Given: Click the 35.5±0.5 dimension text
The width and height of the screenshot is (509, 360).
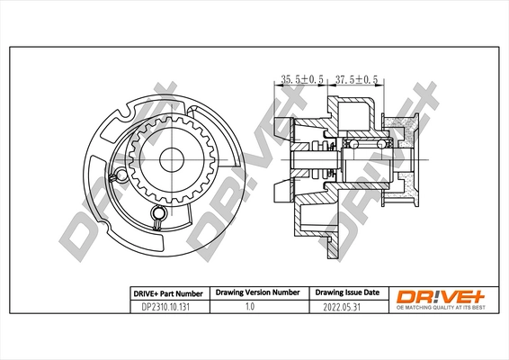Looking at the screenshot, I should (x=302, y=80).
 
